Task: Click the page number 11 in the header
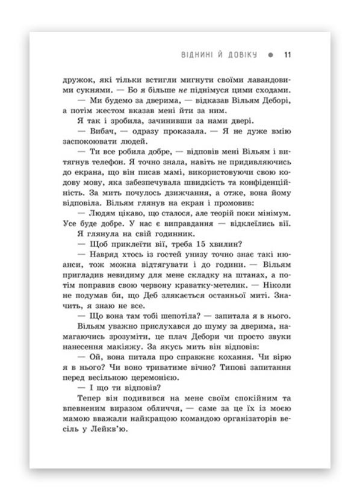click(x=288, y=55)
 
